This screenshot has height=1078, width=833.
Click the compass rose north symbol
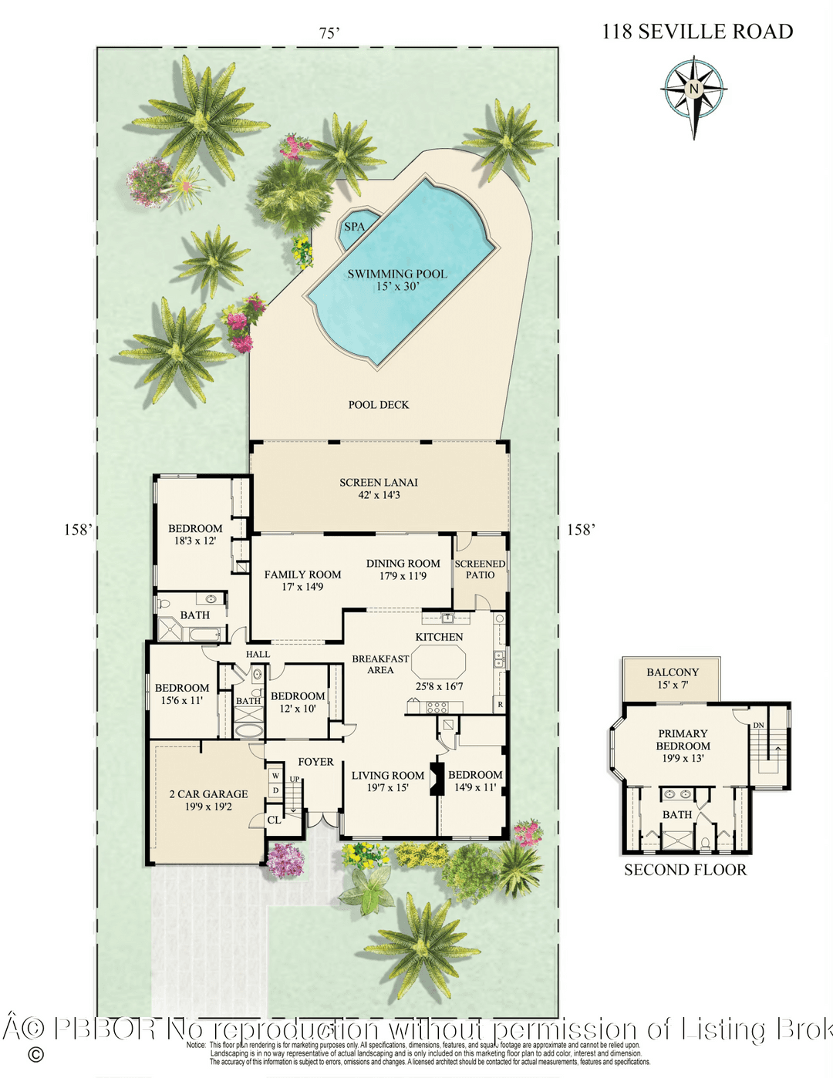[694, 90]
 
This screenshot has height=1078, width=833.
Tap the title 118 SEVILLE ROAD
[697, 32]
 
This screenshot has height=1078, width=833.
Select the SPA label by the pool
[354, 227]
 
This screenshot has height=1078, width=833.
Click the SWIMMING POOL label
[396, 274]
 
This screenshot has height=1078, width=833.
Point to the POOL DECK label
[378, 405]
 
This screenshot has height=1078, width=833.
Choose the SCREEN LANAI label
[379, 483]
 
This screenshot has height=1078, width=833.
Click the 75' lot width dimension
[329, 33]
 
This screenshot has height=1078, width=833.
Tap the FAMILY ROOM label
[302, 574]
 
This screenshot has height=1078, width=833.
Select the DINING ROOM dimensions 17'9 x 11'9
[403, 576]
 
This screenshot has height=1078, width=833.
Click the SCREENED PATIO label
[480, 569]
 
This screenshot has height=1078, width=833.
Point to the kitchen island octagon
[439, 662]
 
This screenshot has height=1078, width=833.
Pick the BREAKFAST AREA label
[380, 665]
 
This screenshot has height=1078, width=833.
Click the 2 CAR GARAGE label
[208, 794]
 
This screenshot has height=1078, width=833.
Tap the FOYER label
[315, 762]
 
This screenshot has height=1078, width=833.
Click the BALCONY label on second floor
[673, 672]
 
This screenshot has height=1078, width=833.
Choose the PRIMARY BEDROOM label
[683, 739]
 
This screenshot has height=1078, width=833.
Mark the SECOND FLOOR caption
[685, 870]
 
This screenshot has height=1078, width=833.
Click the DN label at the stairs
[758, 726]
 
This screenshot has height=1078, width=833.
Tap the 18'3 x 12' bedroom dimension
[195, 541]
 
